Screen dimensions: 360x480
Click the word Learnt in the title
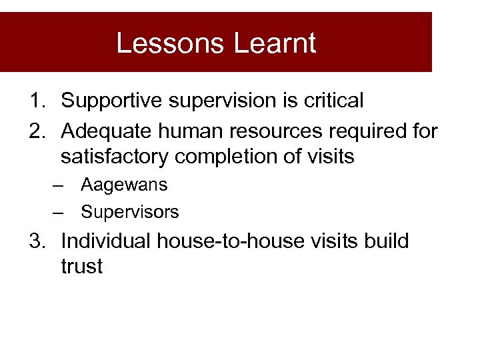pos(275,43)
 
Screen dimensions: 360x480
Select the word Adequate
pos(107,131)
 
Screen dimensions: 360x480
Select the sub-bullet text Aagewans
pos(124,185)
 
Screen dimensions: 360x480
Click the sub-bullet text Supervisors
pos(130,213)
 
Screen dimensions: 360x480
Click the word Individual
pos(106,241)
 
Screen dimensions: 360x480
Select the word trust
pos(81,267)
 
